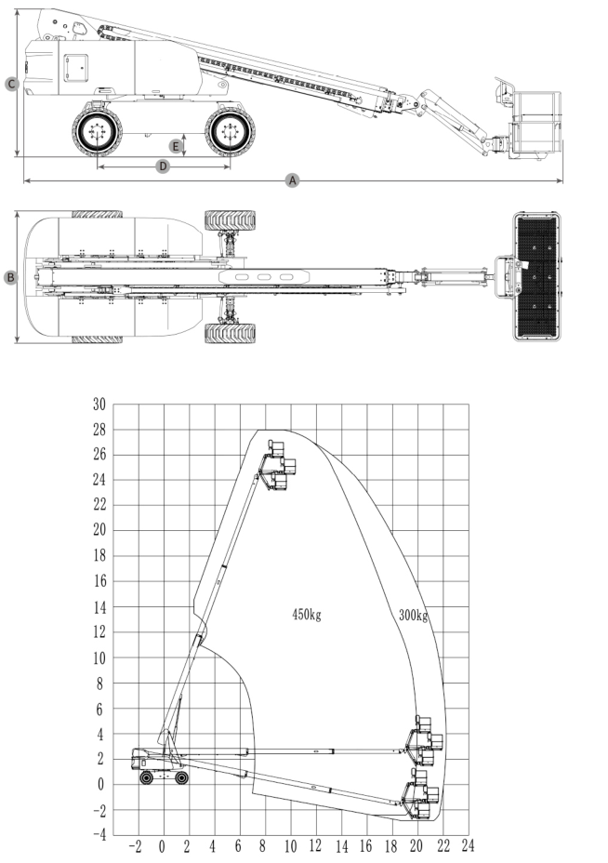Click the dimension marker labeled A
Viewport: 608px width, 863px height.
pos(294,179)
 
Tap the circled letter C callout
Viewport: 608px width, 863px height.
pos(11,85)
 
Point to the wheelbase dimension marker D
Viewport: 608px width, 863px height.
pos(163,166)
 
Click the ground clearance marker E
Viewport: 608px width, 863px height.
pos(174,146)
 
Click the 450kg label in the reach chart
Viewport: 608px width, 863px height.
pos(306,615)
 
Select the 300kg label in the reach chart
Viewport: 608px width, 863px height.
pos(413,616)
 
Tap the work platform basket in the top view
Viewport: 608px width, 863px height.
pos(538,277)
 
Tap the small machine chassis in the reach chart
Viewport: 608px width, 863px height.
pos(158,764)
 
